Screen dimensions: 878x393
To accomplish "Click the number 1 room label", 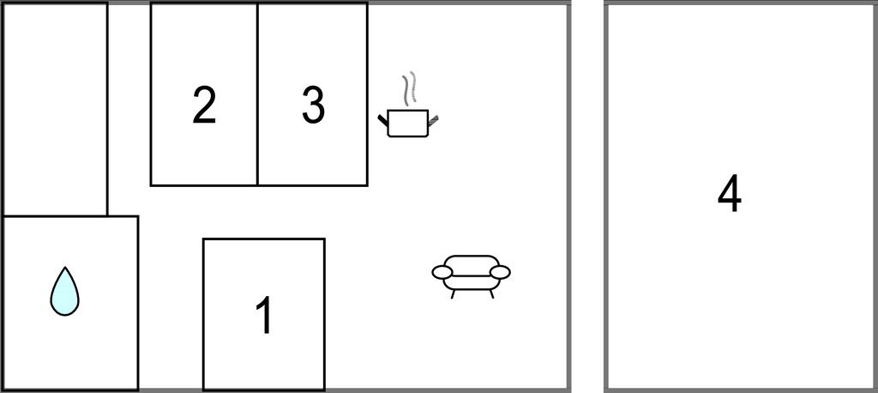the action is tap(264, 315).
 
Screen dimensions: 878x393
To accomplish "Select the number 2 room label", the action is tap(204, 105).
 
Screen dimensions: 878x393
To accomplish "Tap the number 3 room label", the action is tap(313, 105).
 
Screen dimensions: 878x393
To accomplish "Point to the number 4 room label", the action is tap(729, 195).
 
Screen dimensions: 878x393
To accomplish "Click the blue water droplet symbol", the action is tap(64, 292).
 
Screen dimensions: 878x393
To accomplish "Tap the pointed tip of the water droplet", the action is tap(65, 268).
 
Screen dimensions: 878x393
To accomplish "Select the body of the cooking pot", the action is tap(408, 124).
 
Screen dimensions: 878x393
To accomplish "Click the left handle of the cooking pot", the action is tap(383, 119).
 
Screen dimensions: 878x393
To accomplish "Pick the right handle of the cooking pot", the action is tap(433, 119).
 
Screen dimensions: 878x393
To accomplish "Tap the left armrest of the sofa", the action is tap(442, 273).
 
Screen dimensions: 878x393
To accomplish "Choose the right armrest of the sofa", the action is tap(500, 273).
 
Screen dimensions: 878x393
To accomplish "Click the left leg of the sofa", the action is tap(453, 293).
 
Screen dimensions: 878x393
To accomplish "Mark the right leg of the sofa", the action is tap(491, 293).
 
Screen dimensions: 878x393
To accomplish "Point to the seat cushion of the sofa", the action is tap(472, 282).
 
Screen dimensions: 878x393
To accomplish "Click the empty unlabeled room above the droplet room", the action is tap(55, 109).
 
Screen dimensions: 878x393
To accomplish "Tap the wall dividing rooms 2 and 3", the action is tap(257, 94).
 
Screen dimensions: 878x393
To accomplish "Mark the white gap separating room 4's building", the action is tap(587, 196).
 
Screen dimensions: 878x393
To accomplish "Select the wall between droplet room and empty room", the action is tap(55, 216).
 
